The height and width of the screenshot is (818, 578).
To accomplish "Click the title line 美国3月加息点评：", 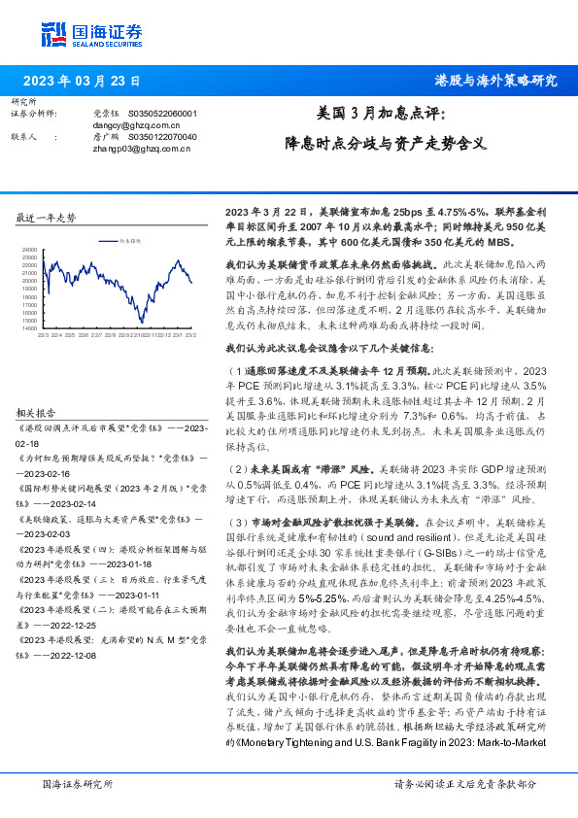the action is (x=382, y=115).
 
